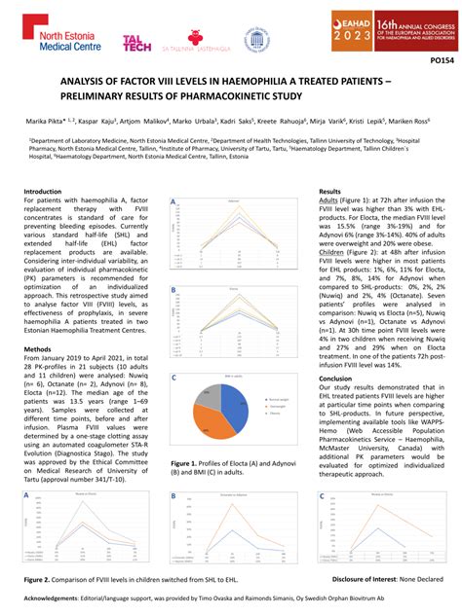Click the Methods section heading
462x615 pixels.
click(x=40, y=347)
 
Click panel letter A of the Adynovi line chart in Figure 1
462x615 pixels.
click(x=173, y=202)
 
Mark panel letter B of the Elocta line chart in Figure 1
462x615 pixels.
click(x=173, y=291)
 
